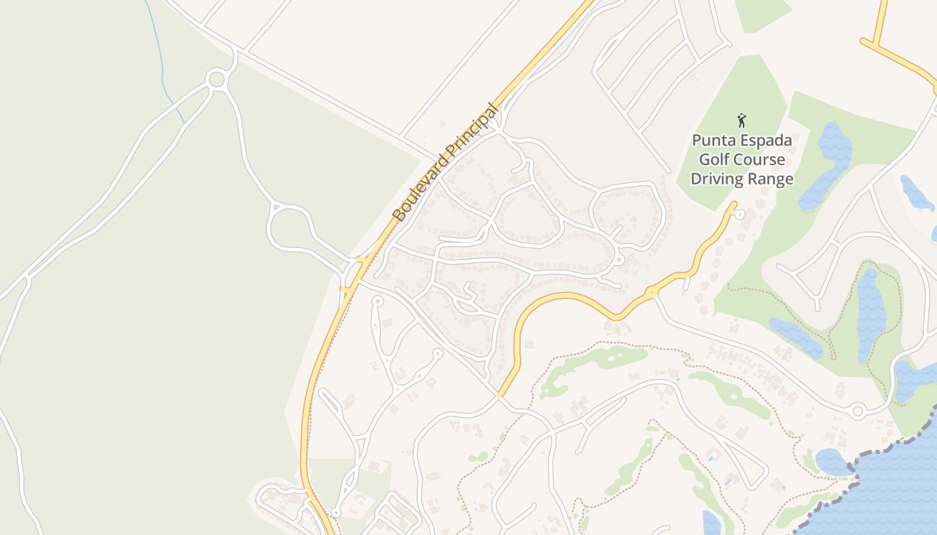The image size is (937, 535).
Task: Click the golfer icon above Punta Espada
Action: [742, 121]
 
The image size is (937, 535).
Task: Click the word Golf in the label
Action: [714, 160]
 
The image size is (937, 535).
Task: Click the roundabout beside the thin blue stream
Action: [216, 80]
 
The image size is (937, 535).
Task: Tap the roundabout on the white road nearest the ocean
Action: [857, 411]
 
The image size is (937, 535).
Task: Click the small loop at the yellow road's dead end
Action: [740, 214]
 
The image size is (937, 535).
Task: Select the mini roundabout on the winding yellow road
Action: [651, 292]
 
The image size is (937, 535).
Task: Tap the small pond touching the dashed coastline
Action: [833, 461]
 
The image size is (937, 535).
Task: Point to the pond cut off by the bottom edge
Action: [711, 524]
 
